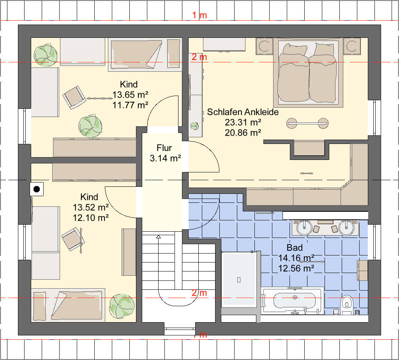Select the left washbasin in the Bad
[304, 227]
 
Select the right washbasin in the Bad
[346, 227]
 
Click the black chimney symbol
[37, 189]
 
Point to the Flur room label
[164, 148]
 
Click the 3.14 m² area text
[165, 158]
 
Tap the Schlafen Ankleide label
[243, 112]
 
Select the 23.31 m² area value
[243, 122]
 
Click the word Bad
[295, 247]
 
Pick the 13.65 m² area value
[130, 95]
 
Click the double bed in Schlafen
[308, 73]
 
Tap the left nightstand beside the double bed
[265, 46]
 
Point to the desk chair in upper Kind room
[74, 98]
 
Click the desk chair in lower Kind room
[72, 239]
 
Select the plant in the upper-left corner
[46, 55]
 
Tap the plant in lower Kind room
[122, 306]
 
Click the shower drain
[239, 280]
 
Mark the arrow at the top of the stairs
[159, 237]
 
